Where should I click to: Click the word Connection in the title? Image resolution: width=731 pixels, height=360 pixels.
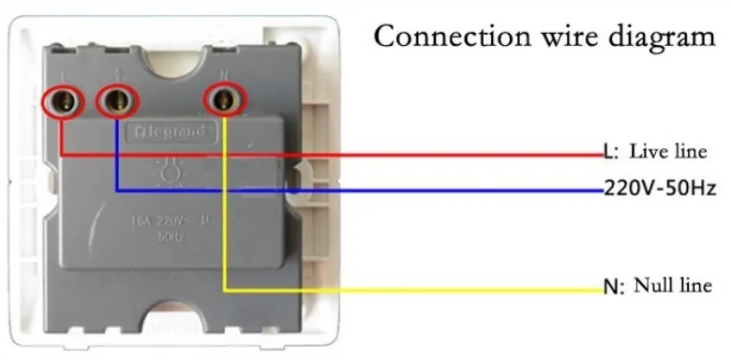[443, 37]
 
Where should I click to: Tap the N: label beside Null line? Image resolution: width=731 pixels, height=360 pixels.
[613, 286]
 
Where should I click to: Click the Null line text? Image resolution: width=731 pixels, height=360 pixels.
[673, 284]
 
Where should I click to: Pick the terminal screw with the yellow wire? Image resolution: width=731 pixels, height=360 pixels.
[223, 98]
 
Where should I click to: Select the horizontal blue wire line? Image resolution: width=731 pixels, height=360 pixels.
[375, 190]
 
